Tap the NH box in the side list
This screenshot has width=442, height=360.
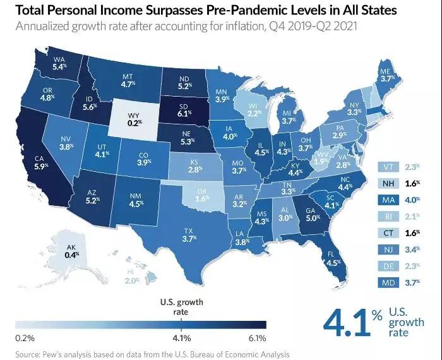pos(387,184)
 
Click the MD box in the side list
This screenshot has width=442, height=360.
pos(387,282)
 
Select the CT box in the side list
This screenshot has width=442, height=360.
pos(387,233)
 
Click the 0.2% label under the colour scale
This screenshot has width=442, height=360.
pos(25,338)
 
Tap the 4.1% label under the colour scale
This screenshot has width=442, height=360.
pos(181,338)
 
